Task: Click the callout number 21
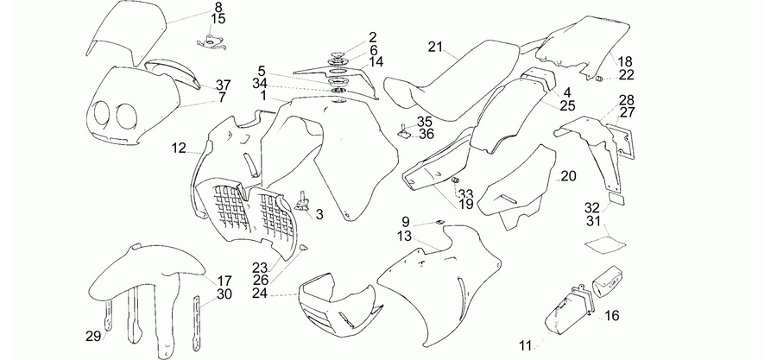[435, 47]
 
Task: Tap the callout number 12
[179, 148]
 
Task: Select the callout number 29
[92, 336]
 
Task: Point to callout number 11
[526, 345]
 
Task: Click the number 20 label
[568, 176]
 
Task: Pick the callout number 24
[260, 294]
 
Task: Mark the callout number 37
[223, 85]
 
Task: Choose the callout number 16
[612, 315]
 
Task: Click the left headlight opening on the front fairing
[103, 114]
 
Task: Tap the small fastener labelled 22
[598, 79]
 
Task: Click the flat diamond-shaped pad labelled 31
[605, 244]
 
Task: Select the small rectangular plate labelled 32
[616, 199]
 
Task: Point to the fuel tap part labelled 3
[302, 200]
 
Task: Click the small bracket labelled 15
[211, 43]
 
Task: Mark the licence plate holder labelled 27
[623, 141]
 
